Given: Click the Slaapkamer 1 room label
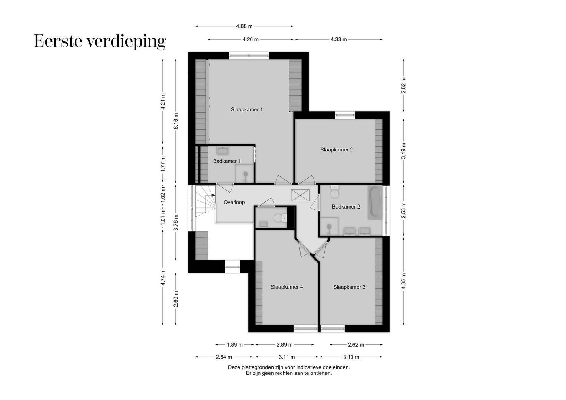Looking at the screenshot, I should click(246, 109).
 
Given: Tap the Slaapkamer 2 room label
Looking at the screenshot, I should click(337, 150).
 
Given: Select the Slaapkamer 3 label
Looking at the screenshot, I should click(349, 287).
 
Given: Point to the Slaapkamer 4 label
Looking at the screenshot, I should click(287, 287).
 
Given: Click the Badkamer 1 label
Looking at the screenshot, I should click(226, 161).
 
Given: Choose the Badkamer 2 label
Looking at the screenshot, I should click(346, 207).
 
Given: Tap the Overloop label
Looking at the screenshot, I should click(234, 202).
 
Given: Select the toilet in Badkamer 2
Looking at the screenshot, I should click(335, 193).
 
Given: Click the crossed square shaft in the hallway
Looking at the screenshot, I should click(300, 195).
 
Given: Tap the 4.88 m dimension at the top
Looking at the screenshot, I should click(244, 26).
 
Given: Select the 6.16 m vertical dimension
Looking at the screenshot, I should click(176, 121).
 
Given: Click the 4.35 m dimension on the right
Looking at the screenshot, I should click(404, 281).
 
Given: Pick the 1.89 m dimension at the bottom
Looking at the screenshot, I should click(235, 345).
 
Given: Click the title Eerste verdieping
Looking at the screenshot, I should click(100, 41).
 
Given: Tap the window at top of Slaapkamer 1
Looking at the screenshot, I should click(249, 56).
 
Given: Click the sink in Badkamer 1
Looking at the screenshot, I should click(223, 151).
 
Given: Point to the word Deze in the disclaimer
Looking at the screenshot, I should click(234, 367).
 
